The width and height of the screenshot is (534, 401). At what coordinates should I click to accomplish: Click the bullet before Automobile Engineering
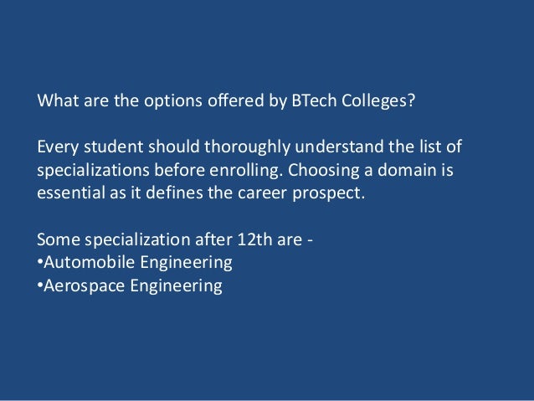pos(39,262)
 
